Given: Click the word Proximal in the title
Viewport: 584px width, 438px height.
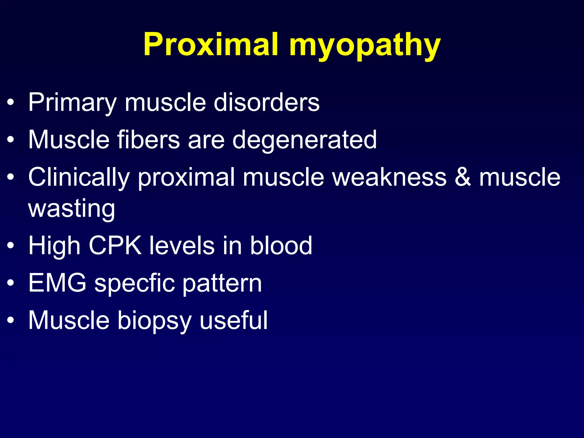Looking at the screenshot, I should pos(211,44).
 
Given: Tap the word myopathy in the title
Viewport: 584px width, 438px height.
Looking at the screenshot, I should pos(365,46).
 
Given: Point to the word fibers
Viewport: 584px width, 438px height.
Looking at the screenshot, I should pos(149,139).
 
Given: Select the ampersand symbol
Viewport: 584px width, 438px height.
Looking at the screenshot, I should pos(463,177).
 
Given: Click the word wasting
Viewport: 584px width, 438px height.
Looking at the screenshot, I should pos(72,209).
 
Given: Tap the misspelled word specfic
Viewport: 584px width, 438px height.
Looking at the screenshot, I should pos(135,284).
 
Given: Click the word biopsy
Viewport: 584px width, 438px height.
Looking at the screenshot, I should pos(154,321).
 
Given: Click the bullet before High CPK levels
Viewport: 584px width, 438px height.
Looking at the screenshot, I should pos(11,246).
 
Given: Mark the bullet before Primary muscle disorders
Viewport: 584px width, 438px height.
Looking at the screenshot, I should pos(11,102).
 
